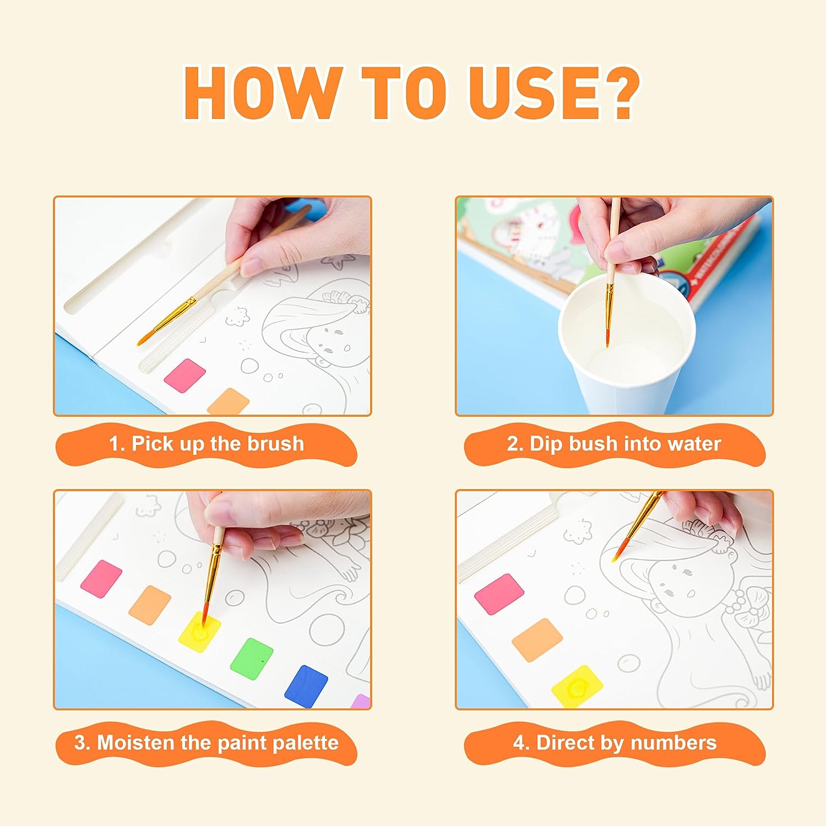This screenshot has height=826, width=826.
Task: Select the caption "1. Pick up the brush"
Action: (206, 444)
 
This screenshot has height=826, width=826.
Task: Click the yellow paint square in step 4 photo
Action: (578, 686)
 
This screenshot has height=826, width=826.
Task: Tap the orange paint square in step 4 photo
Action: (537, 640)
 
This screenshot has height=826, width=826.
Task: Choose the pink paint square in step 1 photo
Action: (185, 376)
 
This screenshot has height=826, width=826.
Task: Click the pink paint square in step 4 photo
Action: (499, 594)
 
